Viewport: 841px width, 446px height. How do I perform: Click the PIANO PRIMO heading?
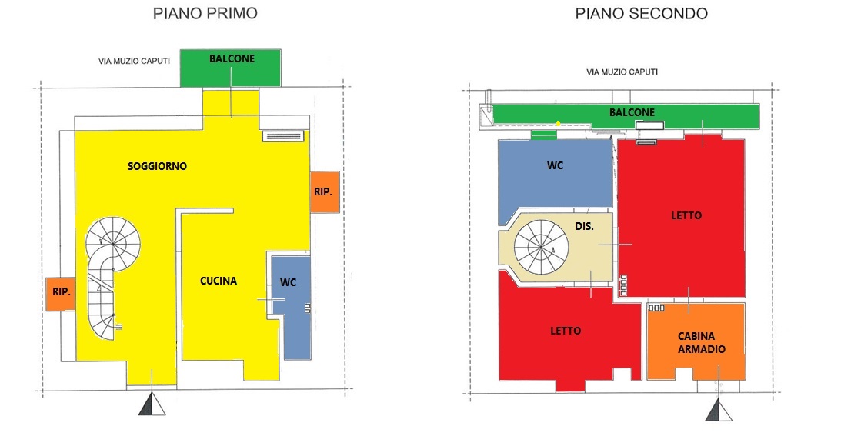[205, 13]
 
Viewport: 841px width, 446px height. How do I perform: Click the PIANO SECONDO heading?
[641, 13]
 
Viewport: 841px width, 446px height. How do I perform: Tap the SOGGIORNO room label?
[157, 166]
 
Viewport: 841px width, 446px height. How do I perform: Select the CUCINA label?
[219, 281]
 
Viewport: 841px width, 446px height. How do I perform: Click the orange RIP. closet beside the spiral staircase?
[60, 294]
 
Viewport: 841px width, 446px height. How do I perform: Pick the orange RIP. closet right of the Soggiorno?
[325, 192]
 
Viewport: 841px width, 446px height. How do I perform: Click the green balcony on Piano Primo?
[230, 68]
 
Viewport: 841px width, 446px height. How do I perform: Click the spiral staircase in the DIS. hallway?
[541, 247]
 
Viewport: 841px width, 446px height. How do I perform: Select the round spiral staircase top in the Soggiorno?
[113, 243]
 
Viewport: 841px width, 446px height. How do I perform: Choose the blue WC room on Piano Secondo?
[555, 177]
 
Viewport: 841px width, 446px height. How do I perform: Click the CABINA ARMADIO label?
[702, 342]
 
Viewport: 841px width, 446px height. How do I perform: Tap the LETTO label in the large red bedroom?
[686, 215]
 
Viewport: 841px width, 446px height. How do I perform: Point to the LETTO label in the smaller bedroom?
[566, 331]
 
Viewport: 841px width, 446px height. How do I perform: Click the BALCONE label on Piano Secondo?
[632, 112]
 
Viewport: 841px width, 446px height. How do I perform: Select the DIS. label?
[584, 226]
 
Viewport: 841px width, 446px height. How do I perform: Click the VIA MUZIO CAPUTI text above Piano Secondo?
[622, 72]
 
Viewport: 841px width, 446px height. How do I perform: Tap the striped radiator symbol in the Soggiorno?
[283, 136]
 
